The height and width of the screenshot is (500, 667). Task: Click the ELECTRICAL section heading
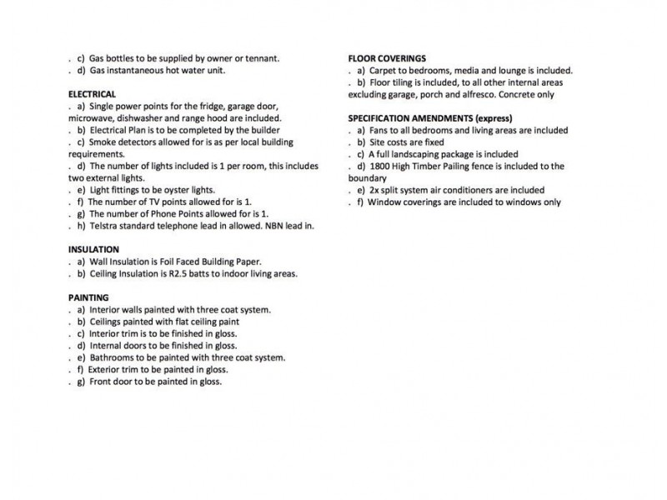pyautogui.click(x=92, y=94)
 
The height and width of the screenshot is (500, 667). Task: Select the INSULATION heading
pyautogui.click(x=93, y=249)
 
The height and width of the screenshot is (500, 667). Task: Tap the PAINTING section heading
pyautogui.click(x=88, y=297)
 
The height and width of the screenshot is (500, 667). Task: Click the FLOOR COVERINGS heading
pyautogui.click(x=387, y=58)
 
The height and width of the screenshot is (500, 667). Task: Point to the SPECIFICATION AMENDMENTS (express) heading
pyautogui.click(x=429, y=118)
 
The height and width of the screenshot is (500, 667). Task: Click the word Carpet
pyautogui.click(x=382, y=71)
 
